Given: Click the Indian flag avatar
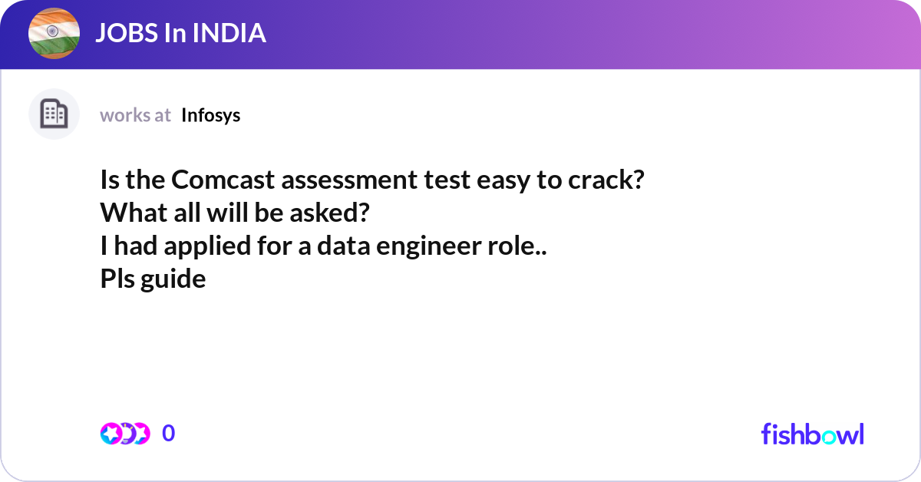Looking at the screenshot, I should [54, 33].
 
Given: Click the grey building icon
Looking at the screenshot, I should [54, 114].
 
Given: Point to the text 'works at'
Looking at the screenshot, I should [135, 115].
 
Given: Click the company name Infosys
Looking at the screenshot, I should [211, 115].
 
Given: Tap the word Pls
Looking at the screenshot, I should [117, 279].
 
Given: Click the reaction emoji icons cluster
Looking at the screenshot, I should [124, 434].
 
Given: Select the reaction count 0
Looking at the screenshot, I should [169, 434].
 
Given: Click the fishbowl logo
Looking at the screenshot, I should [812, 434].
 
